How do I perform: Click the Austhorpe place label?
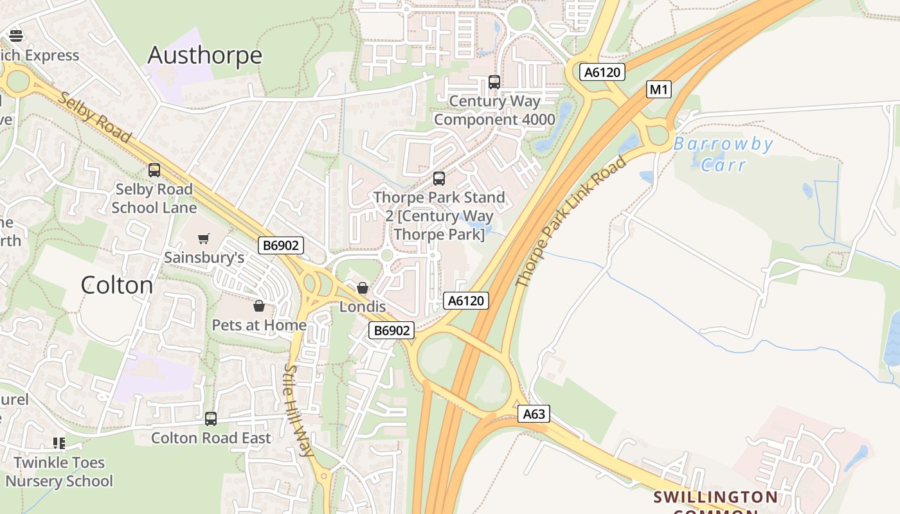tap(204, 55)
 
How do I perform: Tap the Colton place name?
tap(117, 285)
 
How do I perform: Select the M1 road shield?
tap(658, 89)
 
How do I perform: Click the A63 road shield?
tap(534, 414)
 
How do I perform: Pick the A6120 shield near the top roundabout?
tap(602, 72)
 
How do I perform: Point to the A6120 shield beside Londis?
tap(466, 300)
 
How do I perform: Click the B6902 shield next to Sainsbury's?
tap(281, 245)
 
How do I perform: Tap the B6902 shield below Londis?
tap(392, 330)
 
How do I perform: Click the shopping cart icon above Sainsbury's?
tap(204, 239)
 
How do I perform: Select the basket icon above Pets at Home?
tap(259, 306)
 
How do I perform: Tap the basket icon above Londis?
tap(363, 288)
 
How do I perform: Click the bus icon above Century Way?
tap(494, 82)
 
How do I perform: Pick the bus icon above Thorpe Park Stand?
tap(439, 179)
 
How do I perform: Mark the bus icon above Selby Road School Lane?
tap(154, 170)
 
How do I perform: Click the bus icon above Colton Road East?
tap(211, 419)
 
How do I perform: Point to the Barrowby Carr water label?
tap(723, 154)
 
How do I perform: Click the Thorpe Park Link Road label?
tap(571, 222)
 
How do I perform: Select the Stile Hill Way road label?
tap(299, 411)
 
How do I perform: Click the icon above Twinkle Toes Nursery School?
tap(59, 443)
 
